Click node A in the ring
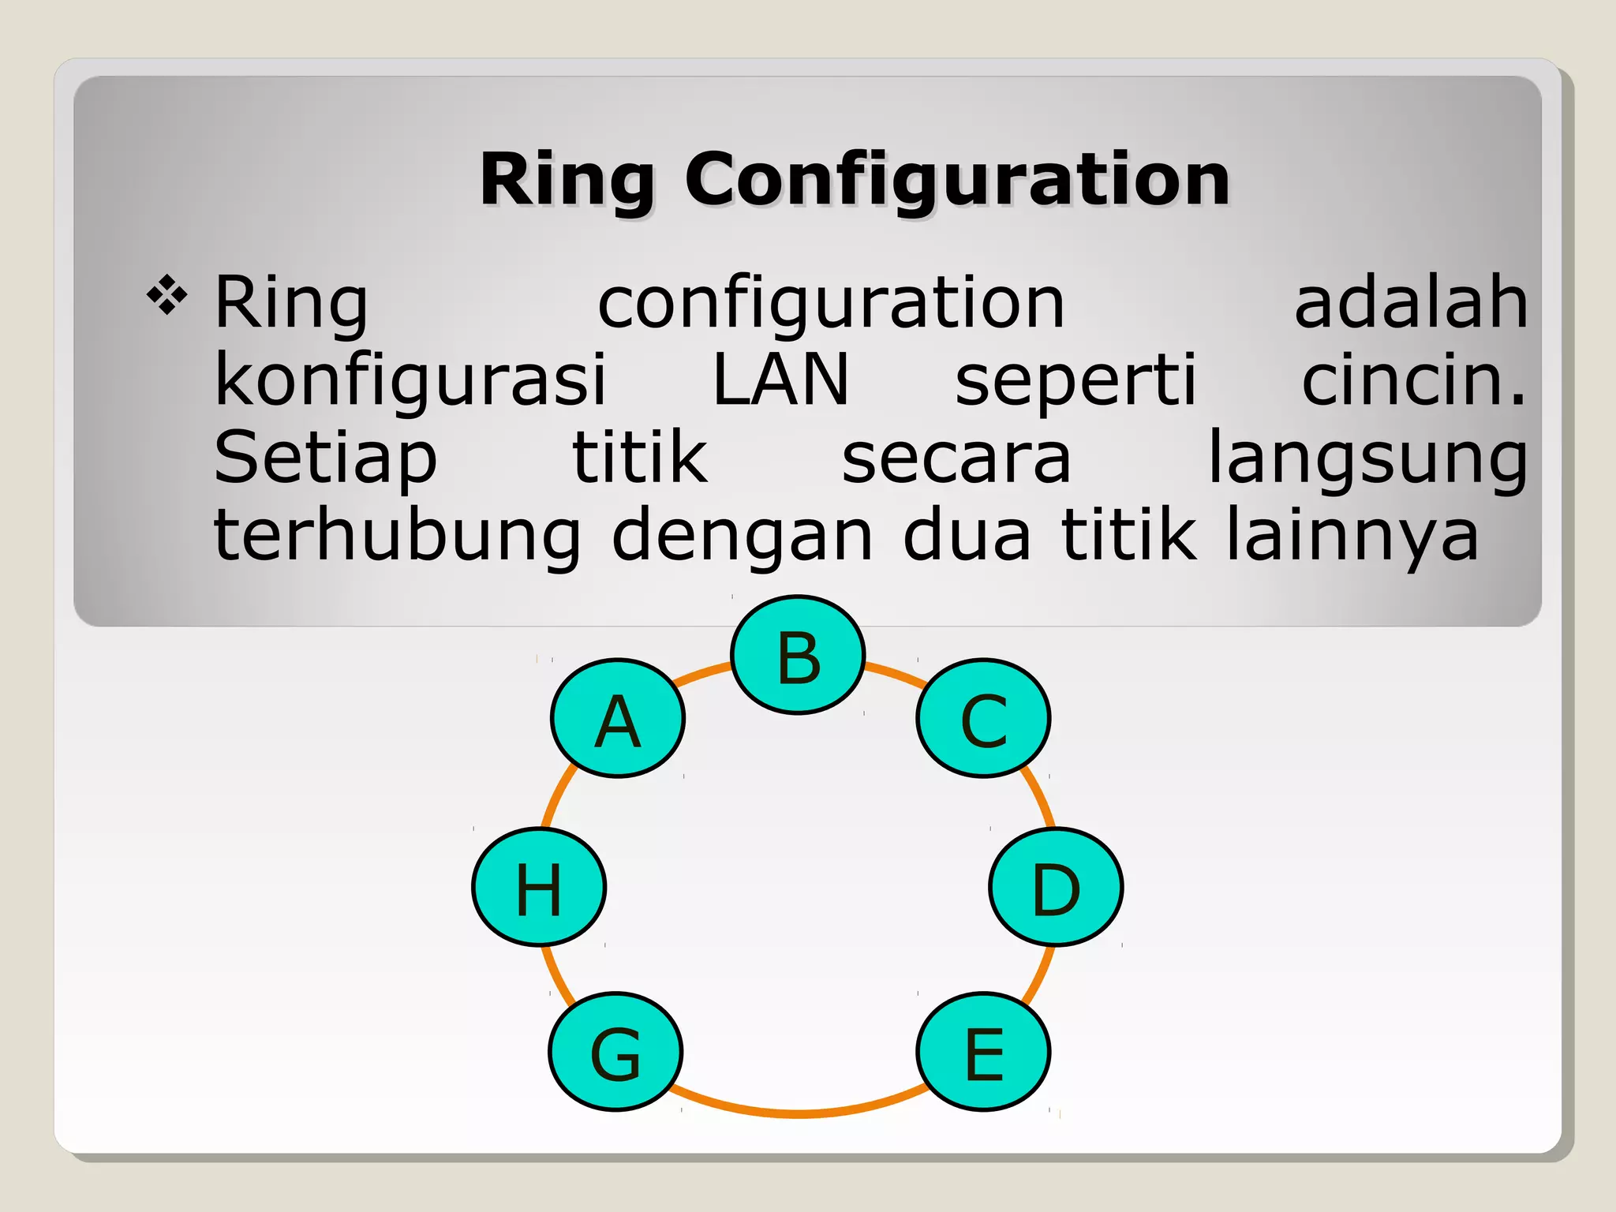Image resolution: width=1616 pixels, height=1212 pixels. (x=618, y=718)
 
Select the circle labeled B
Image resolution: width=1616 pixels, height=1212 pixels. (x=798, y=655)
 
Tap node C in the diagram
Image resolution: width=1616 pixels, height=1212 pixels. (x=983, y=718)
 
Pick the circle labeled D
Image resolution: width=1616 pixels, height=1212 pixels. (x=1056, y=887)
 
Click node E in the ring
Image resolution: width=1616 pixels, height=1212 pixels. (x=983, y=1052)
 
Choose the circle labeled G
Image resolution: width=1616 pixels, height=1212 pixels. (x=615, y=1052)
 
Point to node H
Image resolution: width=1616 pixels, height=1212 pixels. (x=539, y=887)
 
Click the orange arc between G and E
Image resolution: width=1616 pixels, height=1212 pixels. (x=797, y=1113)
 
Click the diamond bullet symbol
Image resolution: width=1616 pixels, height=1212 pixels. (x=167, y=296)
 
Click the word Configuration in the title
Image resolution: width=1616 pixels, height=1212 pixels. (x=956, y=180)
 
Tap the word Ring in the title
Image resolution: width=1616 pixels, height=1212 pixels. (x=567, y=180)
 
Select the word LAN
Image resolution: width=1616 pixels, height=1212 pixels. (x=780, y=380)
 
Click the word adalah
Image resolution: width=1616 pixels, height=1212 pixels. (x=1411, y=302)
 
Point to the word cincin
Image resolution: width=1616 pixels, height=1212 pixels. (x=1412, y=380)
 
